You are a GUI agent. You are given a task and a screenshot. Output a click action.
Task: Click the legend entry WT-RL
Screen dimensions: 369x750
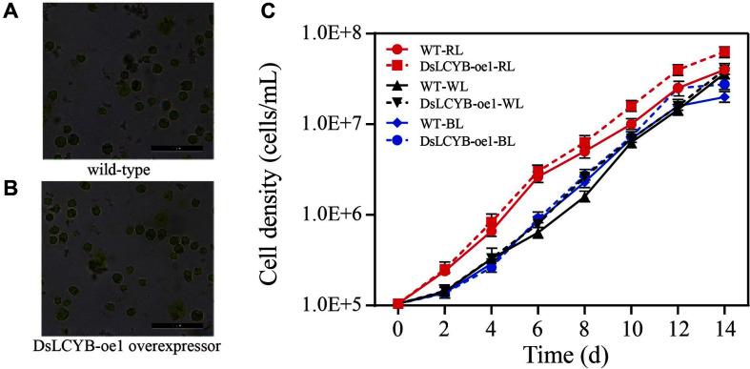[x=439, y=47]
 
